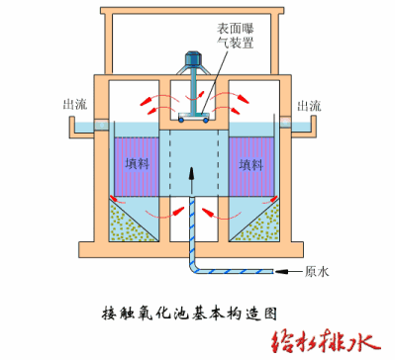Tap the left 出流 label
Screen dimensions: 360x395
tap(73, 105)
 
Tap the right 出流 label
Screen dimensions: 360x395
tap(307, 105)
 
